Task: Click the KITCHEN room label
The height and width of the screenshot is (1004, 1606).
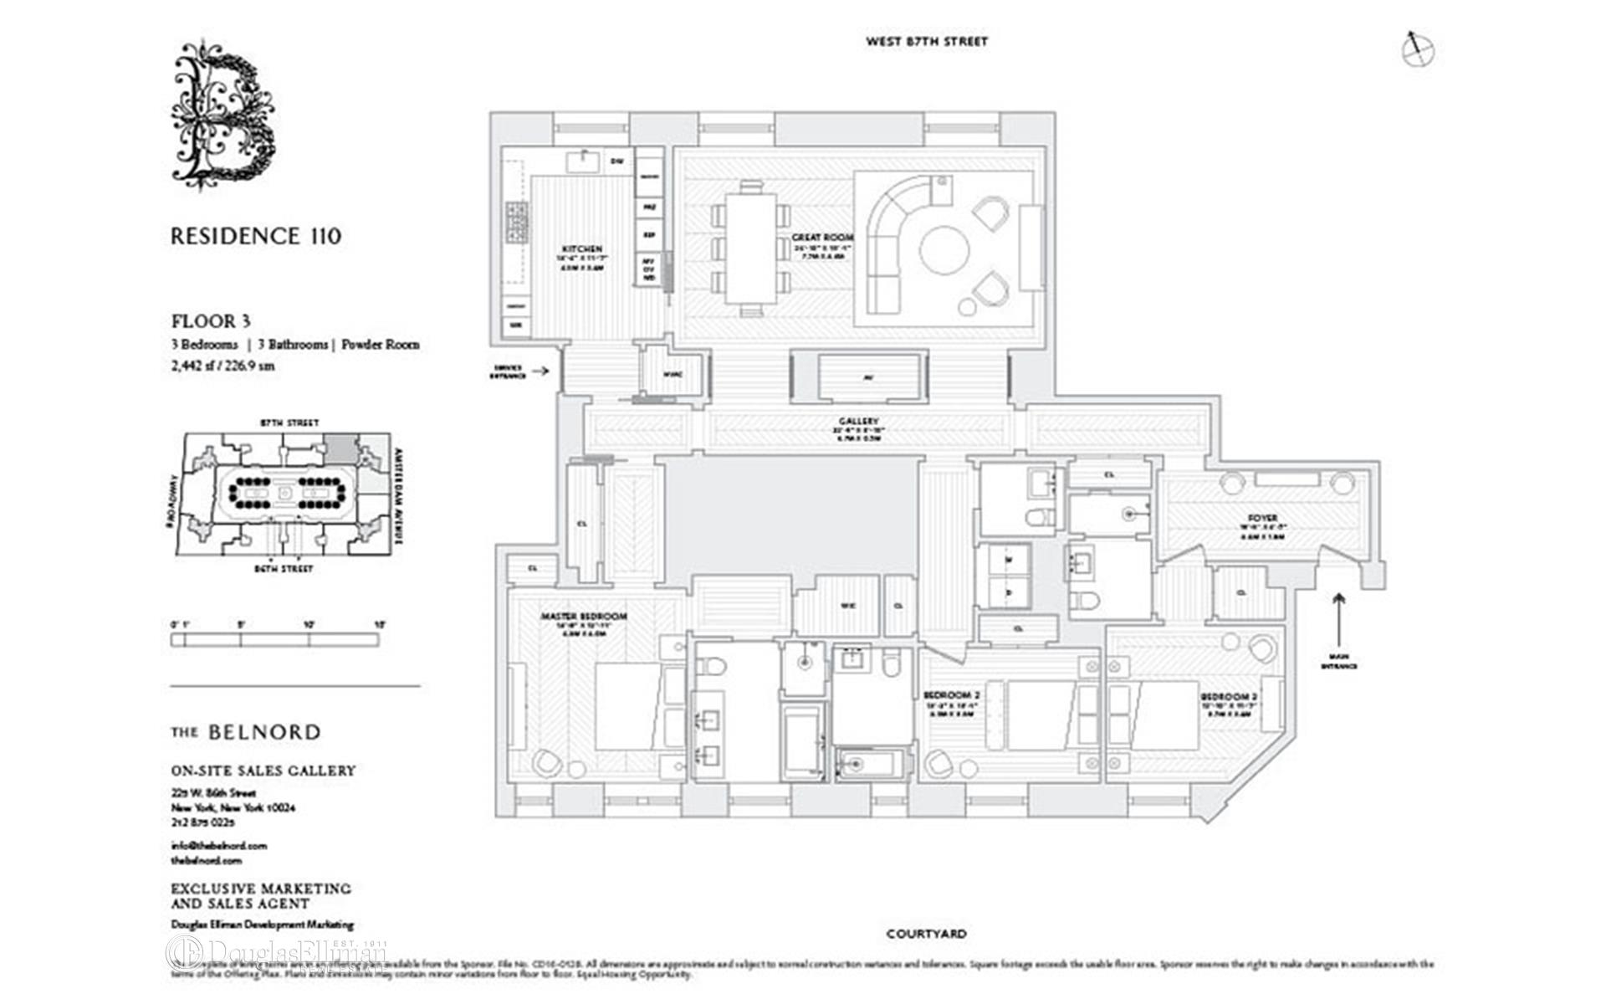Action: [582, 249]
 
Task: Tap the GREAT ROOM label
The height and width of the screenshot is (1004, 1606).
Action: [822, 238]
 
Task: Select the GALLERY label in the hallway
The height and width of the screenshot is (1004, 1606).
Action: [858, 421]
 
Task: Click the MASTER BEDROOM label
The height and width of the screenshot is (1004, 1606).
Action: [583, 617]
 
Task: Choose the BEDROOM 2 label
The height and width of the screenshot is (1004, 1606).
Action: [951, 695]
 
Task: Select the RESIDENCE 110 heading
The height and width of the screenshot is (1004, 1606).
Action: [256, 237]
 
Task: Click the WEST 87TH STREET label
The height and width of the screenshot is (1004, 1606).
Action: [926, 41]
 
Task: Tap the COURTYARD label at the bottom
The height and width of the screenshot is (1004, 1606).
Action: [926, 934]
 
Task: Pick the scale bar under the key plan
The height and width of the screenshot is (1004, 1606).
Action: [274, 640]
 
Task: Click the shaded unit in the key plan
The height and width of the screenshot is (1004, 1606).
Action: [339, 445]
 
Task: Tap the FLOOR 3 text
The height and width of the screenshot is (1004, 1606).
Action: [211, 321]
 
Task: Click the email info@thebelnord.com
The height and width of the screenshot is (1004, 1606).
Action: [218, 845]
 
